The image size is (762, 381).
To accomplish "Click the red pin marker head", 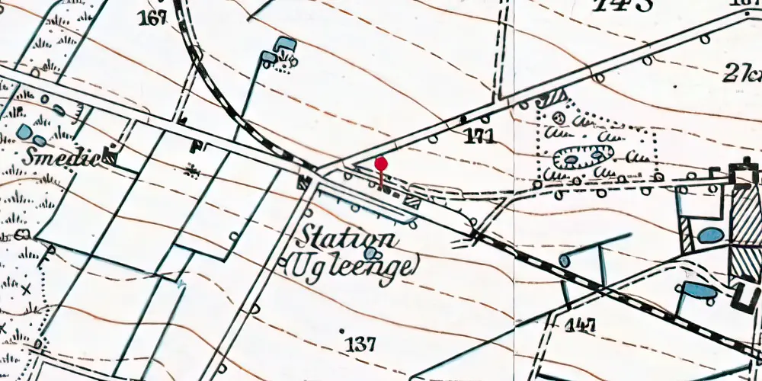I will (x=381, y=164).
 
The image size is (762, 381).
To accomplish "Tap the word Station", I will (x=350, y=237).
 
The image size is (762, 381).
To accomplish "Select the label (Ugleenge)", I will (x=352, y=266).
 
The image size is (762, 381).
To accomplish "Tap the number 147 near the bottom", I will (x=580, y=325).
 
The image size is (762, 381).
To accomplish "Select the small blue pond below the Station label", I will (x=371, y=253).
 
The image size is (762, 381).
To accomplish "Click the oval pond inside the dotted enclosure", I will (x=583, y=158).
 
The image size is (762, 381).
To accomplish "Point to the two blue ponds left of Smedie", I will (x=30, y=135).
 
